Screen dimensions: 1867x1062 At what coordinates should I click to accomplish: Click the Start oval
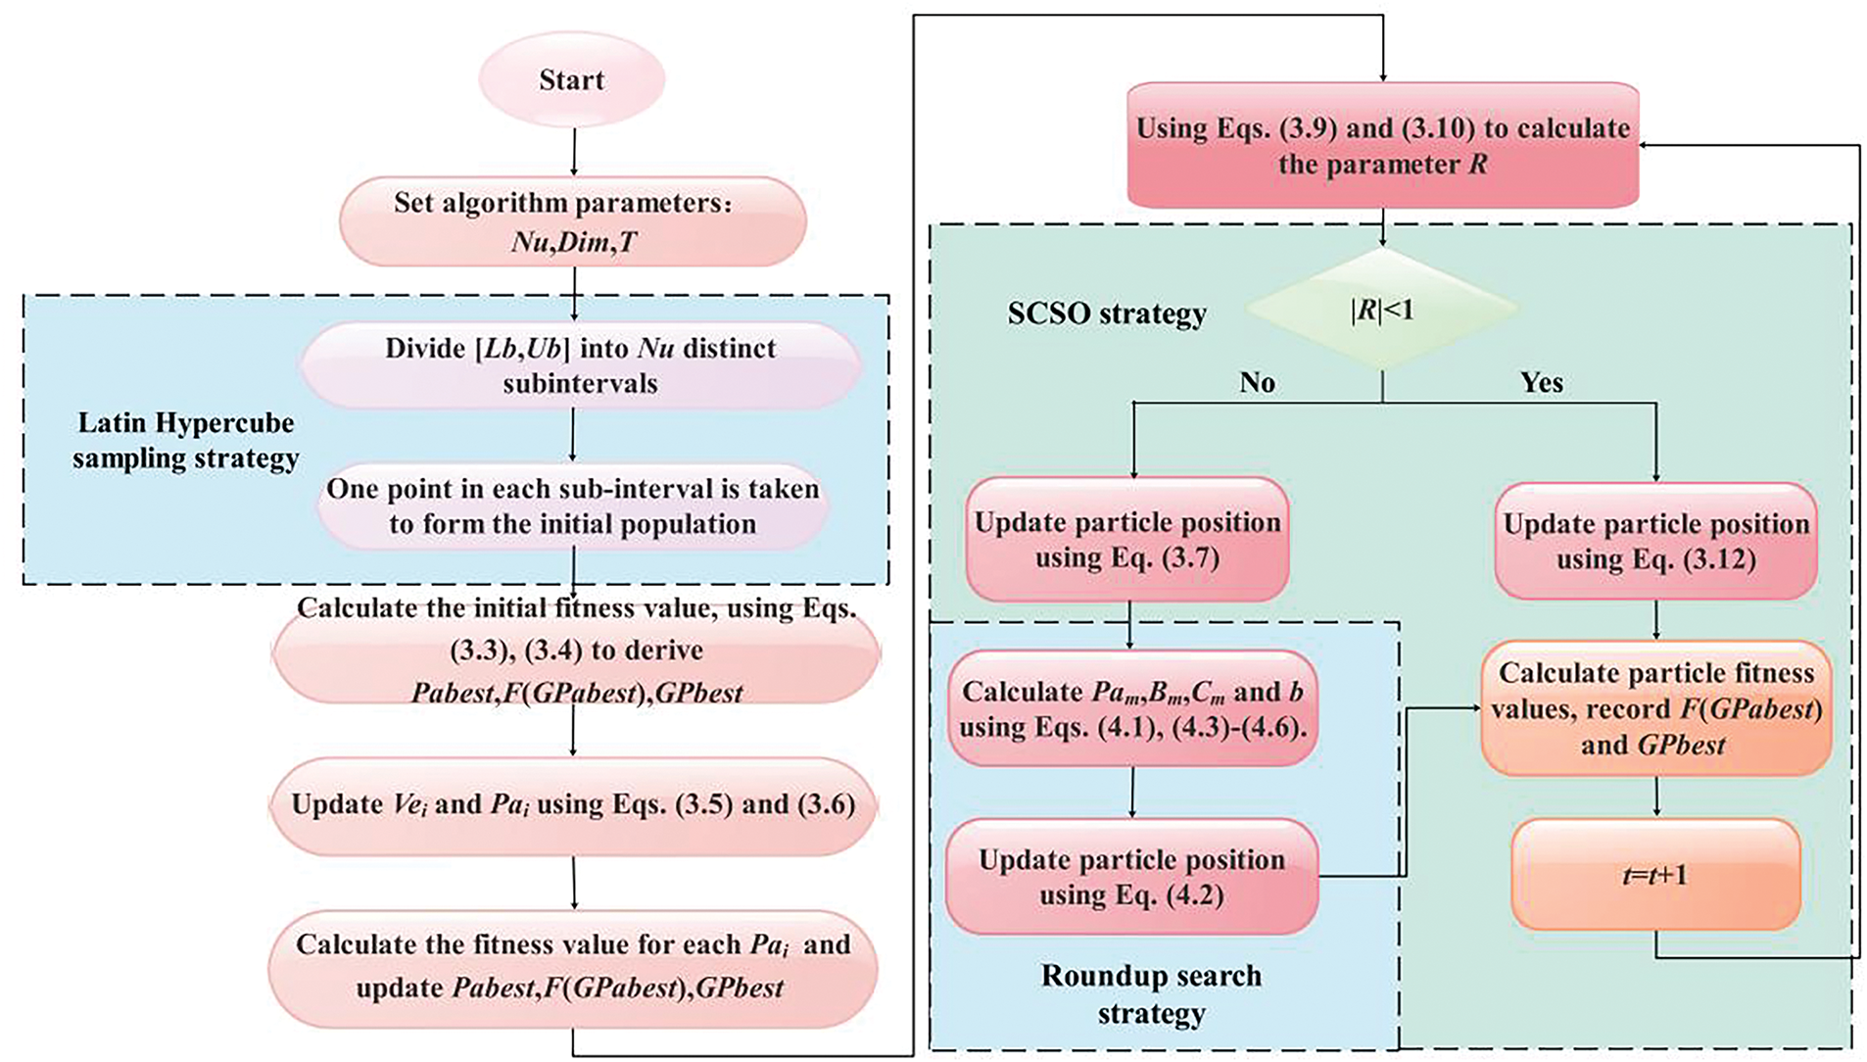point(572,79)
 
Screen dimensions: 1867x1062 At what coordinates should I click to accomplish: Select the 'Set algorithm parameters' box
point(573,221)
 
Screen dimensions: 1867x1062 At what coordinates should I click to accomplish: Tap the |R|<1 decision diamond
point(1382,309)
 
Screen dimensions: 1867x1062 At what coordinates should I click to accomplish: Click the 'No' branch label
point(1257,382)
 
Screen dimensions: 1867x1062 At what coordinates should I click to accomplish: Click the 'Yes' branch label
point(1541,382)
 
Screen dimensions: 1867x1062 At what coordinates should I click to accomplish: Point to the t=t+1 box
point(1655,874)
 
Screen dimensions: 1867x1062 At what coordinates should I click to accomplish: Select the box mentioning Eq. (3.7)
point(1127,539)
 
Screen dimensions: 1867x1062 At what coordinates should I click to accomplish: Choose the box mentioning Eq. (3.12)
point(1656,541)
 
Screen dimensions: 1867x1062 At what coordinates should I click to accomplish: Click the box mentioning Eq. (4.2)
point(1131,877)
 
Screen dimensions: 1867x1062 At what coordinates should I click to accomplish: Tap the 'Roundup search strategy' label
point(1151,993)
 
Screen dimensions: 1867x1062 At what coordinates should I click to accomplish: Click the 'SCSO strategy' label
point(1107,314)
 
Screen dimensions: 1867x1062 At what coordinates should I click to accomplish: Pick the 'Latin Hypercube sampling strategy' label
point(185,441)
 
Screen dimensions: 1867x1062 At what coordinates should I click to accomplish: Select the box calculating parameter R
point(1383,145)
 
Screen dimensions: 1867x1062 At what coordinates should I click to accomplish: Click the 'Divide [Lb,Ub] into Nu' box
point(580,365)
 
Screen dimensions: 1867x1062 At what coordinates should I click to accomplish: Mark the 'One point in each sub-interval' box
point(573,507)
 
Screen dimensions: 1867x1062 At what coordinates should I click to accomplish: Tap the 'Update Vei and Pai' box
point(573,805)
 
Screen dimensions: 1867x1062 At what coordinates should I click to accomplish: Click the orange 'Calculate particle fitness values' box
point(1656,708)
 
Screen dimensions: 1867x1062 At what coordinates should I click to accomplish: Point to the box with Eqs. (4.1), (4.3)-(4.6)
point(1132,708)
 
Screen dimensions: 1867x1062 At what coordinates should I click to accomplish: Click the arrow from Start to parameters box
point(573,152)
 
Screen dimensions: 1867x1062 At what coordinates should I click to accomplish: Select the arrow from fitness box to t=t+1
point(1656,797)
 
